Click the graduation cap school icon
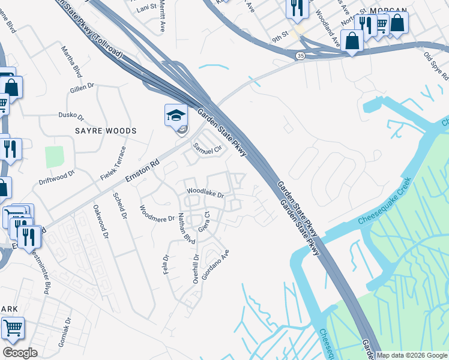[x=176, y=115]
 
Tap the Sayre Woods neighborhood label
[x=106, y=130]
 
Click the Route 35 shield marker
[x=299, y=56]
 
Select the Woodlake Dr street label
[x=205, y=193]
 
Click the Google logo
[x=20, y=353]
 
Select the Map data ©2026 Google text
[x=412, y=355]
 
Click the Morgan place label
[x=388, y=11]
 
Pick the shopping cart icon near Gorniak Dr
[x=12, y=328]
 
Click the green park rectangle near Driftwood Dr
[x=54, y=157]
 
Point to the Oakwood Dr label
[x=100, y=222]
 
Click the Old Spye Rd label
[x=436, y=66]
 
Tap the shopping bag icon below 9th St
[x=352, y=41]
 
